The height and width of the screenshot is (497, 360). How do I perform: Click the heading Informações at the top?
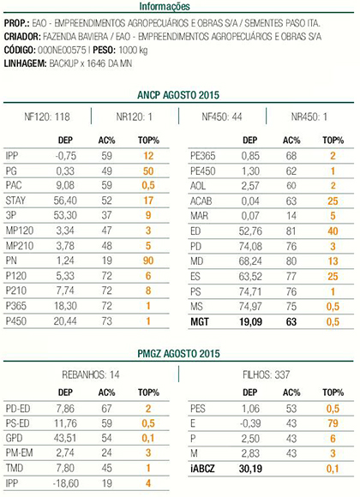[165, 6]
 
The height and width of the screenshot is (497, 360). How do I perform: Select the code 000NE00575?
[62, 50]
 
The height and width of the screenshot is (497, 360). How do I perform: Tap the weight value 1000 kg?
[133, 50]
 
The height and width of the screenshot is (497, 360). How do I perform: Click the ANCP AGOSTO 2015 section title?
[178, 95]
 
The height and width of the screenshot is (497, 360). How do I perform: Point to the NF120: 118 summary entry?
[47, 117]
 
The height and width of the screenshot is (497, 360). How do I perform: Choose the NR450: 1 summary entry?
[309, 117]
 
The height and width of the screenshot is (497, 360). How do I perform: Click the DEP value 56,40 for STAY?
[65, 201]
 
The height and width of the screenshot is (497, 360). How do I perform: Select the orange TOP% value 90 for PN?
[148, 260]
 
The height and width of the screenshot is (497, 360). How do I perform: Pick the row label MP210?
[20, 246]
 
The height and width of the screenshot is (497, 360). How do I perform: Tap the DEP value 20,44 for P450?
[65, 321]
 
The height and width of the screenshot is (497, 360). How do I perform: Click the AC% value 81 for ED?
[291, 231]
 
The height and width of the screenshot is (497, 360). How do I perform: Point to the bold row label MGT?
[200, 322]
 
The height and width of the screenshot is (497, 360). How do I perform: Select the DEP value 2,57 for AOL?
[250, 186]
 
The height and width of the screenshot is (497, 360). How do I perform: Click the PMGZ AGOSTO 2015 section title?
[178, 353]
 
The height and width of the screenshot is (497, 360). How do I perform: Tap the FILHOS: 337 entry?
[266, 375]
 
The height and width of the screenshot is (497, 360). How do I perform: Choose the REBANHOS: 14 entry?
[91, 375]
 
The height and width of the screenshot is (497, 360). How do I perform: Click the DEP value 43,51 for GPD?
[65, 438]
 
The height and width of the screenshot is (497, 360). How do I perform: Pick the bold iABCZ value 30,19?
[250, 469]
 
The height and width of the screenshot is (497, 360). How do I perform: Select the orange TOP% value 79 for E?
[333, 423]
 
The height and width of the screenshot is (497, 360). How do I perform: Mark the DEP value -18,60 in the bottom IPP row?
[65, 483]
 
